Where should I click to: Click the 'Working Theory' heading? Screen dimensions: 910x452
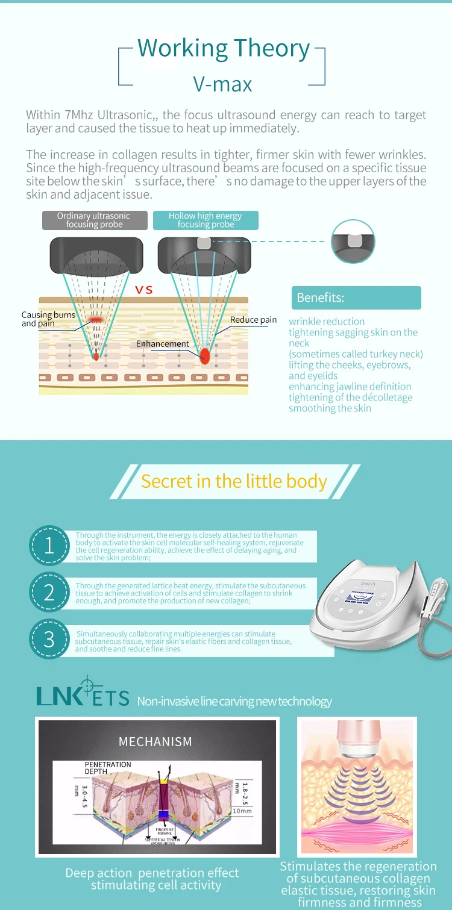pos(223,48)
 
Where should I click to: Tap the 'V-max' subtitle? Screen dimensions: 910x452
pos(222,84)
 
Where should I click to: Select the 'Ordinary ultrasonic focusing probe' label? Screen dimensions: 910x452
pos(93,220)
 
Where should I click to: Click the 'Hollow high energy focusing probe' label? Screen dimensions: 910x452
pos(205,220)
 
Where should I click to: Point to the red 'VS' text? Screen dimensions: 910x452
pos(144,290)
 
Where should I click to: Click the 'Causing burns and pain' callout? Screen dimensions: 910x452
pos(48,319)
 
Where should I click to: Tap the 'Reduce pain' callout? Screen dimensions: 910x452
pos(253,320)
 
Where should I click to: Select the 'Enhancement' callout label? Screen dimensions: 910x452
pos(162,344)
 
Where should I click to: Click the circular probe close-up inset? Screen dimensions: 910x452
pos(353,241)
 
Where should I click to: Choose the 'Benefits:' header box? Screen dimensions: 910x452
pos(356,298)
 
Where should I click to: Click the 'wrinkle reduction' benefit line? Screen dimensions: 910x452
pos(327,322)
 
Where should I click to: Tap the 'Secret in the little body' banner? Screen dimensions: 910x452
pos(234,481)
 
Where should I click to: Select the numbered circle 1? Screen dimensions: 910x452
pos(49,546)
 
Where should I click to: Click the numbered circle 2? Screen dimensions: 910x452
pos(49,593)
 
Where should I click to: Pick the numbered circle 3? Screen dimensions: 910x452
pos(49,639)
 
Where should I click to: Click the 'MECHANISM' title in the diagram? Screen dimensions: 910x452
pos(155,741)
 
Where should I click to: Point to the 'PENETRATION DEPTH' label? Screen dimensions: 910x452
pos(108,768)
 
